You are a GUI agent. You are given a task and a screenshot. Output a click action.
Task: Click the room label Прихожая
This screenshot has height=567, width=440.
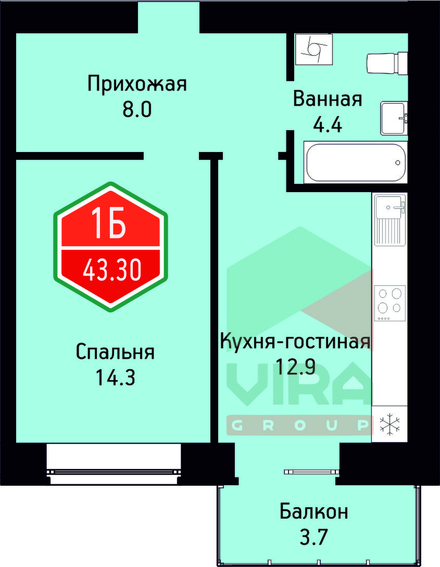click(137, 83)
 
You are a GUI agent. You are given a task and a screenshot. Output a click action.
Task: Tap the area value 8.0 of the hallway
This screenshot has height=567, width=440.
click(137, 110)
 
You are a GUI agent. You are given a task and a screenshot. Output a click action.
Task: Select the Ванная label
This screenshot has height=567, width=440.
click(328, 98)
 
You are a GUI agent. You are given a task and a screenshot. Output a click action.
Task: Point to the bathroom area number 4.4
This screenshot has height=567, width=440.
click(328, 125)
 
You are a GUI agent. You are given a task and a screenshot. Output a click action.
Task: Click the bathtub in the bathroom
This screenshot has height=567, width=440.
click(355, 162)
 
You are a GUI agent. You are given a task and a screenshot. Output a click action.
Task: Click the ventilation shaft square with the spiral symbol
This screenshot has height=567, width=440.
click(313, 49)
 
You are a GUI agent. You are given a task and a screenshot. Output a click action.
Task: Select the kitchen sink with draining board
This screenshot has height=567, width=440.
click(389, 220)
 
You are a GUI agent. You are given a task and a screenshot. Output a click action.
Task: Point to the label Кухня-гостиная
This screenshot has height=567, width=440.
click(295, 342)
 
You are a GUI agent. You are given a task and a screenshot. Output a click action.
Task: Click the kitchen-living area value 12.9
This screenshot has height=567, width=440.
click(295, 368)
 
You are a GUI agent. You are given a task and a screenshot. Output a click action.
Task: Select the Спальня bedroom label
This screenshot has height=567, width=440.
click(115, 351)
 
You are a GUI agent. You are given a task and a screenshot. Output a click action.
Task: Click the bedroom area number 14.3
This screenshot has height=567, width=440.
click(115, 377)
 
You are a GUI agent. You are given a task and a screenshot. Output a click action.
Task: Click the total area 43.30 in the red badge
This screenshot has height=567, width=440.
click(112, 270)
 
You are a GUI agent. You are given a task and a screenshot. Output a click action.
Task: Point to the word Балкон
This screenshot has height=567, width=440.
click(313, 511)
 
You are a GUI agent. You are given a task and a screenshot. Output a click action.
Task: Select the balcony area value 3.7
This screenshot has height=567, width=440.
click(313, 536)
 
